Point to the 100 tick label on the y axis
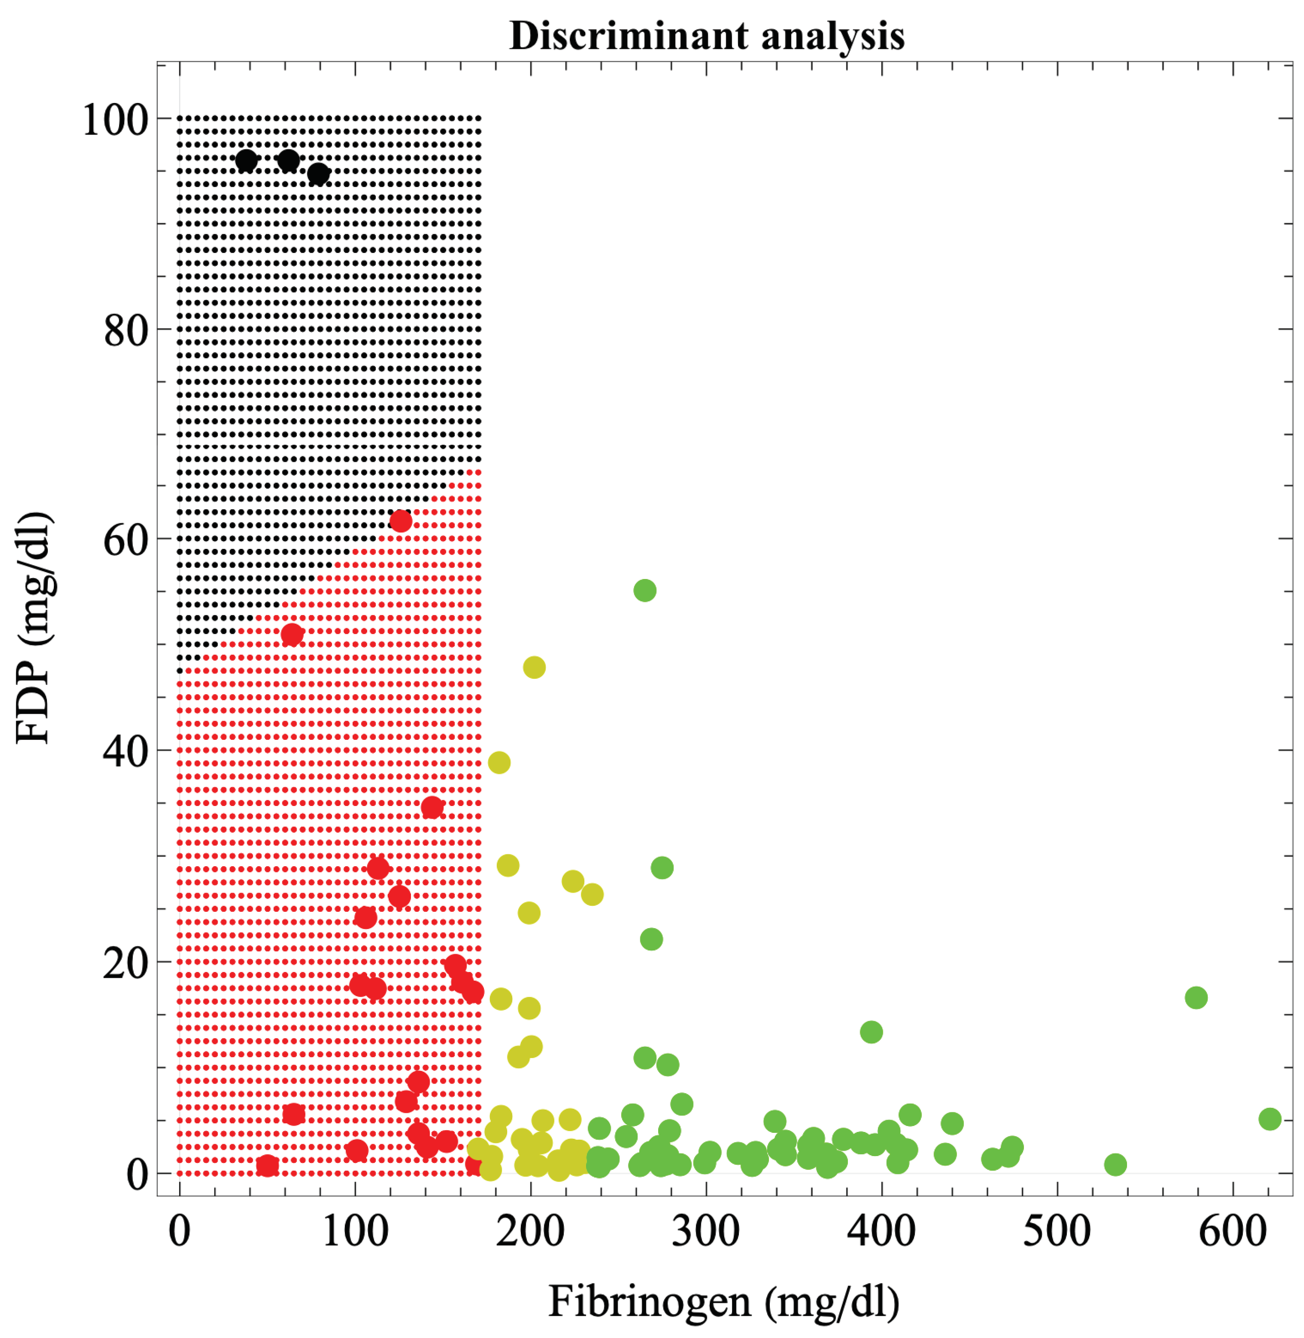pyautogui.click(x=115, y=120)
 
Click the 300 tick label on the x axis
pyautogui.click(x=706, y=1230)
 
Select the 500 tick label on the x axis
pyautogui.click(x=1057, y=1230)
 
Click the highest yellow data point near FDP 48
pyautogui.click(x=534, y=667)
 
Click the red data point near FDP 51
pyautogui.click(x=292, y=635)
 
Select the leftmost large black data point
pyautogui.click(x=246, y=161)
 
